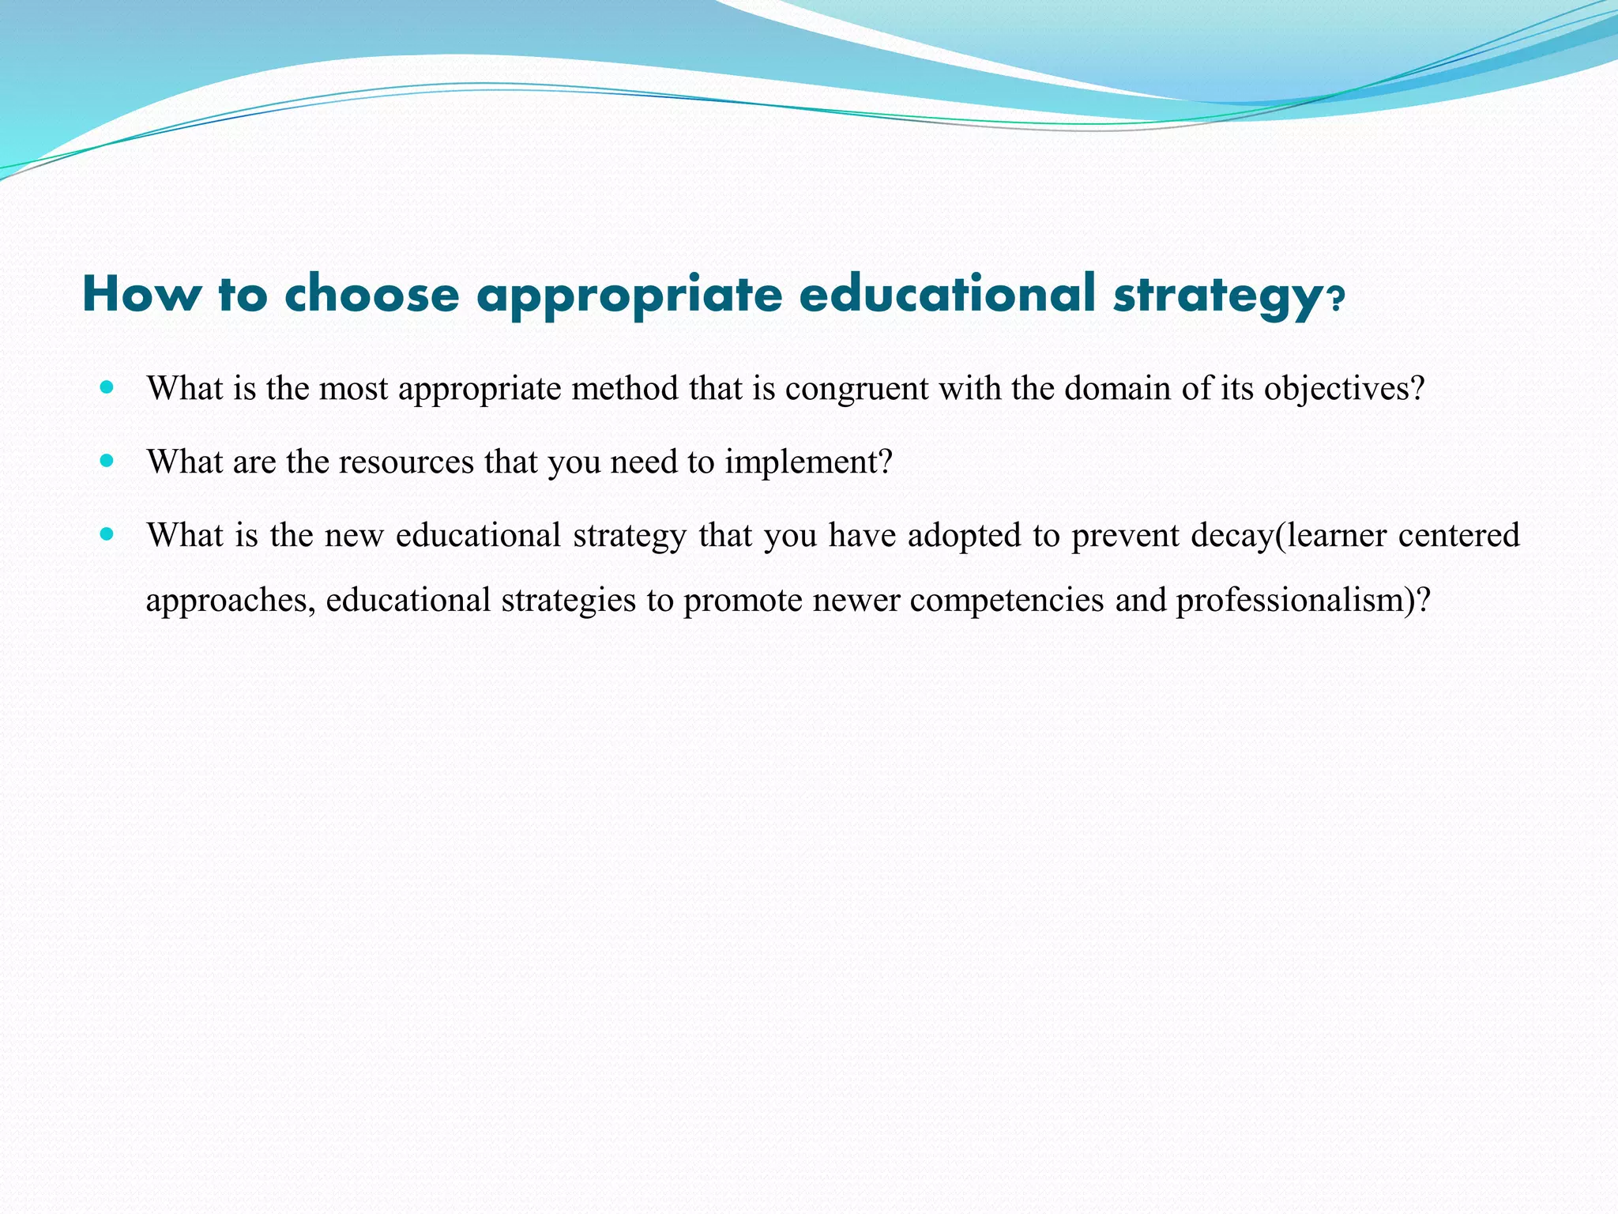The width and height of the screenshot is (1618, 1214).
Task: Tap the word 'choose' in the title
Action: pyautogui.click(x=371, y=294)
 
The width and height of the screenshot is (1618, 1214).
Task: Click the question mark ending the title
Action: pyautogui.click(x=1334, y=300)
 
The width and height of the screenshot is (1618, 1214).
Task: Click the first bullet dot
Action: pyautogui.click(x=107, y=387)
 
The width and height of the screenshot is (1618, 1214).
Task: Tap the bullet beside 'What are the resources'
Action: pyautogui.click(x=107, y=461)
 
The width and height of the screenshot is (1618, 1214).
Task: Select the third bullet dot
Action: pyautogui.click(x=107, y=534)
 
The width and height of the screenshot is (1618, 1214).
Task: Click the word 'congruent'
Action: pyautogui.click(x=856, y=389)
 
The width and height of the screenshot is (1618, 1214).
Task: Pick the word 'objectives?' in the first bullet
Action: pyautogui.click(x=1344, y=389)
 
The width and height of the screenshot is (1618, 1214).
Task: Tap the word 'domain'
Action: pyautogui.click(x=1117, y=388)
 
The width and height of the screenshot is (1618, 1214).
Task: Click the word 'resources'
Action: pyautogui.click(x=406, y=462)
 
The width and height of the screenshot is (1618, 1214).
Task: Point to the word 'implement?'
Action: pyautogui.click(x=808, y=462)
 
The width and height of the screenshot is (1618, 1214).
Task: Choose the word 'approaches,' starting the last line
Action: pyautogui.click(x=231, y=601)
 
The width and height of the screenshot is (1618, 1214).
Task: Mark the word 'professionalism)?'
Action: pyautogui.click(x=1304, y=601)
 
